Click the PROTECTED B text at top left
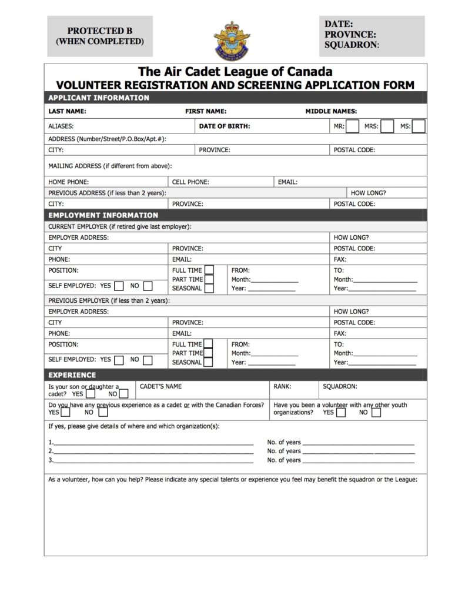click(99, 31)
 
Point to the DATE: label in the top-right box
click(339, 24)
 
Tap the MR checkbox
click(353, 126)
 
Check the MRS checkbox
click(387, 126)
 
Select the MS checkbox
click(419, 126)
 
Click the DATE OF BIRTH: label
click(225, 126)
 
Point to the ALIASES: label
click(61, 126)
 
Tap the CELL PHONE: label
click(190, 182)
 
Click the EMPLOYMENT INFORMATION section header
click(103, 215)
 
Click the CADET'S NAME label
click(160, 386)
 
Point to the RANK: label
click(282, 386)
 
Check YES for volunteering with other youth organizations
click(341, 413)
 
